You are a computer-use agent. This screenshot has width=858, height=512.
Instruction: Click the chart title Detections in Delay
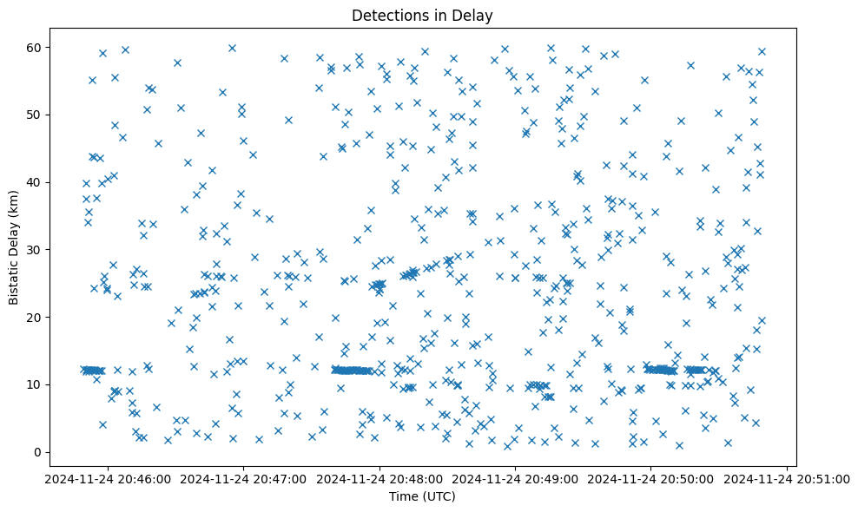(422, 15)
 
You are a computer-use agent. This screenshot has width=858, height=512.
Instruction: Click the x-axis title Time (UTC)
(422, 497)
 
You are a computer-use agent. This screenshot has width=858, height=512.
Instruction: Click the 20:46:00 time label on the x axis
(108, 477)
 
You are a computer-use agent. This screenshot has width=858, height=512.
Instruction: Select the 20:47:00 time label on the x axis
(244, 477)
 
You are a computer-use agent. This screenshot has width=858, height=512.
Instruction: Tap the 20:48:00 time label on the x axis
(379, 477)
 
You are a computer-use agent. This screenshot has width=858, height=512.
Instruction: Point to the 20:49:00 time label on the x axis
(516, 477)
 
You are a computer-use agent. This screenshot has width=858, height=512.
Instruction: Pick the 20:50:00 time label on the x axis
(651, 477)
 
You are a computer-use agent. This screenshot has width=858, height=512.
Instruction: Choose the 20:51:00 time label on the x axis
(788, 477)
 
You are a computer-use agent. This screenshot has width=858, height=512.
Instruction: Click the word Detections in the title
(386, 15)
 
